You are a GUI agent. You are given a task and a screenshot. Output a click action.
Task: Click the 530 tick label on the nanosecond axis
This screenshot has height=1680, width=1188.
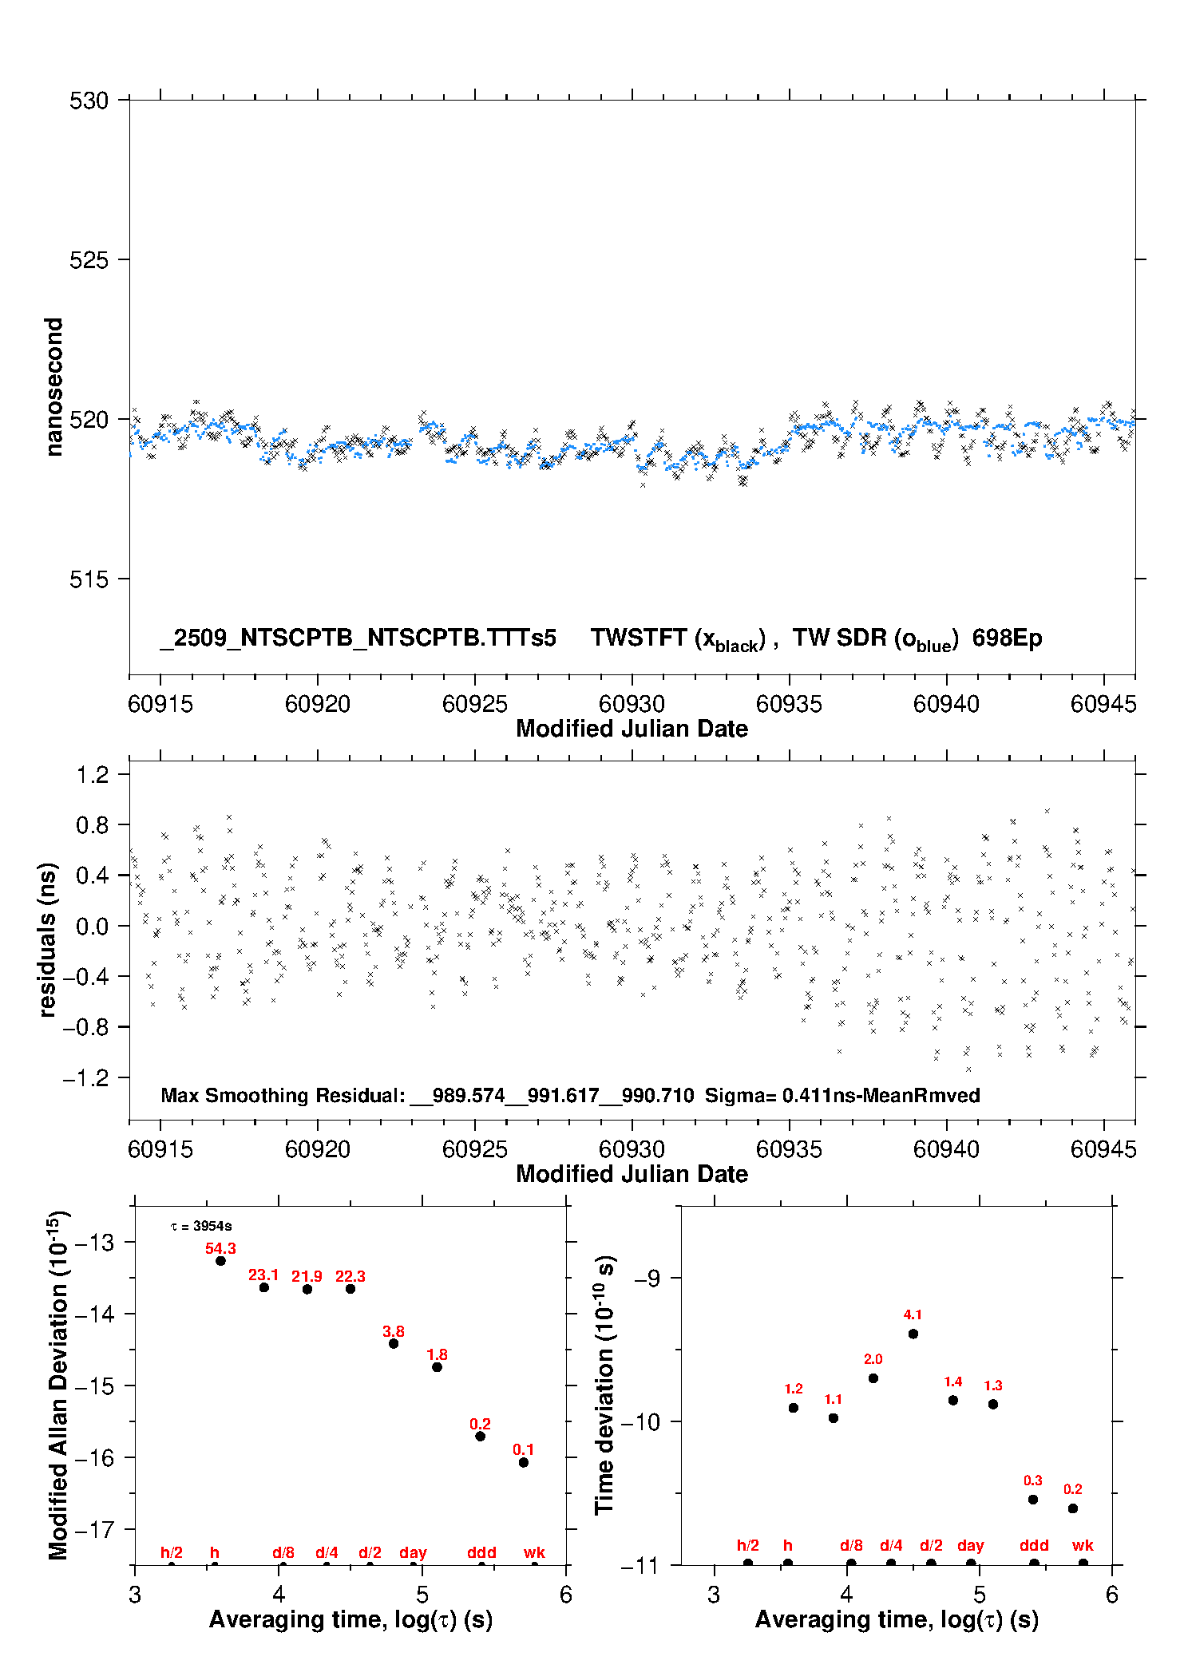[89, 101]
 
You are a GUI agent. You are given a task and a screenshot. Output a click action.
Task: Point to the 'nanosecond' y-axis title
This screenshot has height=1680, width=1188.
[53, 387]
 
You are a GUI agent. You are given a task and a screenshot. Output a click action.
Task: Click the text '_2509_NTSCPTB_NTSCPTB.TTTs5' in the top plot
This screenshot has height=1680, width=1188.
[358, 638]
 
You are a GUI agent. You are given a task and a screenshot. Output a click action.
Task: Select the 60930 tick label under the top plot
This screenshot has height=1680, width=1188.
[632, 704]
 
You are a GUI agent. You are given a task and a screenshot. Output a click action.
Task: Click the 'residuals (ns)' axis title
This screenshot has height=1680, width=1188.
[48, 939]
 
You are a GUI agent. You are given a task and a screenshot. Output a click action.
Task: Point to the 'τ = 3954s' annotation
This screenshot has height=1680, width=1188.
[201, 1226]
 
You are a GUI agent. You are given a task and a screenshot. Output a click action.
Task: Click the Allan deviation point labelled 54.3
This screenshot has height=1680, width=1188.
[220, 1261]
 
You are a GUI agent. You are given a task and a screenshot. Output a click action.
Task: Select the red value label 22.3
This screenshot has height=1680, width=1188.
[350, 1276]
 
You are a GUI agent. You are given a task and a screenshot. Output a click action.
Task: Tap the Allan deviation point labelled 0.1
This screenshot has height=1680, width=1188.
[524, 1462]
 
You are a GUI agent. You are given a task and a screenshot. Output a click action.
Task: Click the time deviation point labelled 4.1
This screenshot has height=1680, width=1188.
[913, 1334]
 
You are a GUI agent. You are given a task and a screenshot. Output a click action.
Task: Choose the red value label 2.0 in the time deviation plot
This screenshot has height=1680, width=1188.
[873, 1359]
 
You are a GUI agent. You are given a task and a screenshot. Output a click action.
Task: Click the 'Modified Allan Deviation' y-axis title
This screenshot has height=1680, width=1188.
[58, 1385]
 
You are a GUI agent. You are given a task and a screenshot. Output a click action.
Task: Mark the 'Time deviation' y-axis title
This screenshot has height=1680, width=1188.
[604, 1385]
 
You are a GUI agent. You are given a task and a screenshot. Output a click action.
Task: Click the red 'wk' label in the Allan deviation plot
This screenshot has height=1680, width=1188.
[534, 1552]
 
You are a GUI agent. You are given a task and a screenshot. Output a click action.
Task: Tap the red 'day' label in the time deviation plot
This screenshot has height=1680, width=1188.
[971, 1545]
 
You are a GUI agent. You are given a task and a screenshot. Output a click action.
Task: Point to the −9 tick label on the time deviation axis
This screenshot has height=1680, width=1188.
[647, 1279]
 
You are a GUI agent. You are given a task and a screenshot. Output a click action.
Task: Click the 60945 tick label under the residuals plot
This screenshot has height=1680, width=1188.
[1103, 1149]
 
